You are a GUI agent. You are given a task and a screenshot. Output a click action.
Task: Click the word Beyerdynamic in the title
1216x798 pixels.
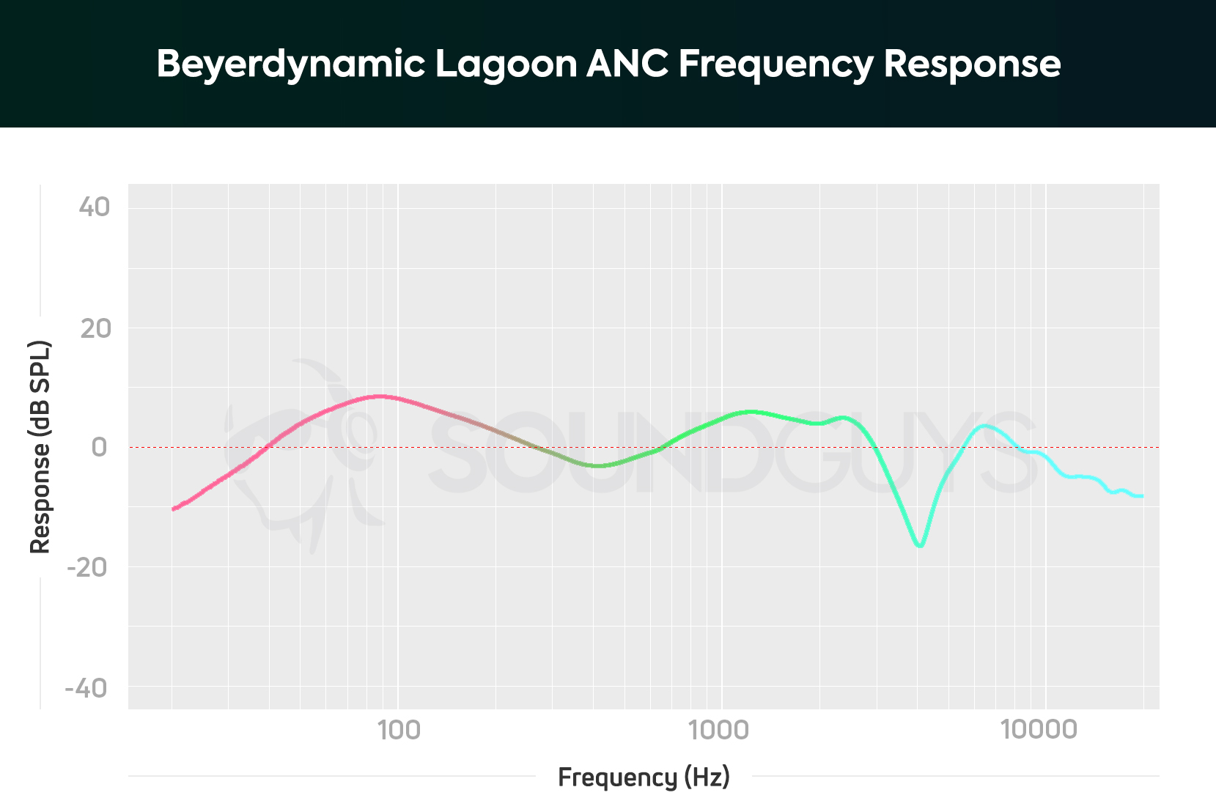click(x=291, y=64)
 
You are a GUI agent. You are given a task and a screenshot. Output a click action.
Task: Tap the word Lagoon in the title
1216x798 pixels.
click(x=506, y=64)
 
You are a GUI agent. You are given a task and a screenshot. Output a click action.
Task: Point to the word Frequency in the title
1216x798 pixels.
click(x=775, y=64)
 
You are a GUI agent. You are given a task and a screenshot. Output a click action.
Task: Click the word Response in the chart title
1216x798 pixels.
click(x=972, y=64)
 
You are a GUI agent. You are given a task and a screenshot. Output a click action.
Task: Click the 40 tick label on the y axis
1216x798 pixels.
click(x=95, y=207)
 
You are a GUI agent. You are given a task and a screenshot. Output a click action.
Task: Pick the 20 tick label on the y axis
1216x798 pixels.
click(x=95, y=328)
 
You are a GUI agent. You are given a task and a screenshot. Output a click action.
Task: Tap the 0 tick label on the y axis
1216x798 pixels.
click(x=99, y=447)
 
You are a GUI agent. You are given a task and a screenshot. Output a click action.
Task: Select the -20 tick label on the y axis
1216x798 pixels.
click(x=87, y=567)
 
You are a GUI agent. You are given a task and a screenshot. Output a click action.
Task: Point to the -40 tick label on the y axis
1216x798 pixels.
click(x=86, y=688)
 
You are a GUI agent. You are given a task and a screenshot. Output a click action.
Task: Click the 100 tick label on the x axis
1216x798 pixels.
click(x=398, y=730)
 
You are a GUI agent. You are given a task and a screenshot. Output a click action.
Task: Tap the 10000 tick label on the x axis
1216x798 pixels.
click(x=1039, y=730)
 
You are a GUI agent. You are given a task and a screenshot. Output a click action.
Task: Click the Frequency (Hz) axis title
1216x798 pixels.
click(x=644, y=777)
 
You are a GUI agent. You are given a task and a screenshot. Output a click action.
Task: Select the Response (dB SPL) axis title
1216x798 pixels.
click(x=40, y=447)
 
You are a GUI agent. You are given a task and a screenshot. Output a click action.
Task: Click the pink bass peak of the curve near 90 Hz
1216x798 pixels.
click(x=379, y=396)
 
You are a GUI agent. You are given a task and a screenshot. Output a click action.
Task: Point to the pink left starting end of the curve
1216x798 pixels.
click(x=174, y=509)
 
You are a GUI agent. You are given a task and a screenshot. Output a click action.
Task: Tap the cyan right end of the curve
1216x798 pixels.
click(x=1141, y=496)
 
